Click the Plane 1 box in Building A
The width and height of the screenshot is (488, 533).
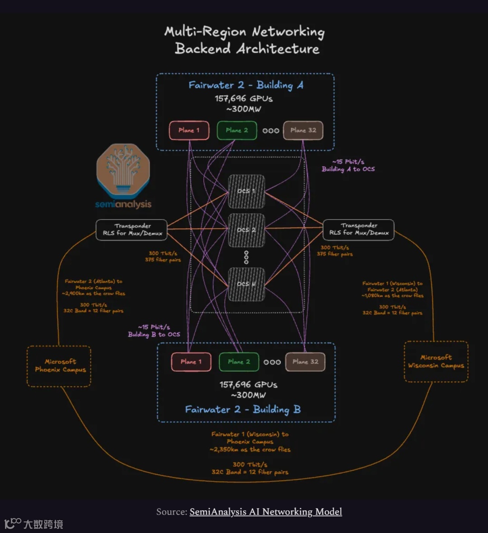tap(189, 131)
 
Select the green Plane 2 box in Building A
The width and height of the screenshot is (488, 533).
tap(237, 131)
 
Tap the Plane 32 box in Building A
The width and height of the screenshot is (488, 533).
tap(303, 131)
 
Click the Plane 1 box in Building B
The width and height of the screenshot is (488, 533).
tap(191, 362)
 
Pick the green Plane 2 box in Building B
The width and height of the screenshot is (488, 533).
tap(239, 362)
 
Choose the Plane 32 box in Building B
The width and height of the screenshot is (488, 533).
tap(305, 362)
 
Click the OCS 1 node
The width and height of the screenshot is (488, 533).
tap(246, 191)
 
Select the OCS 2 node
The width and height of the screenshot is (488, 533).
tap(246, 230)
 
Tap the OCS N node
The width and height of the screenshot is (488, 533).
tap(246, 284)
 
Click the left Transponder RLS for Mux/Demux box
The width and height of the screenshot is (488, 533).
tap(131, 229)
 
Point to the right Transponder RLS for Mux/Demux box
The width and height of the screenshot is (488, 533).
tap(358, 229)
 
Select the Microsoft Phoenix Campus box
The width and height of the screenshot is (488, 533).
tap(59, 366)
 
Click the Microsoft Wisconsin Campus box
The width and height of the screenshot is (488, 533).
tap(436, 361)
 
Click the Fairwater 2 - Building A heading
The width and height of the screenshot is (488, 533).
tap(246, 85)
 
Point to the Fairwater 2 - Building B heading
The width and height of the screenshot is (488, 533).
tap(243, 409)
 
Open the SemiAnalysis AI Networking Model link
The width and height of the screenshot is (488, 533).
tap(266, 512)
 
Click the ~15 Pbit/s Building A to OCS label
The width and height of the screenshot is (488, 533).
tap(348, 165)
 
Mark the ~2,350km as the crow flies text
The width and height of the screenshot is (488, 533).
tap(250, 449)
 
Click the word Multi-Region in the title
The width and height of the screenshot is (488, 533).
tap(206, 32)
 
